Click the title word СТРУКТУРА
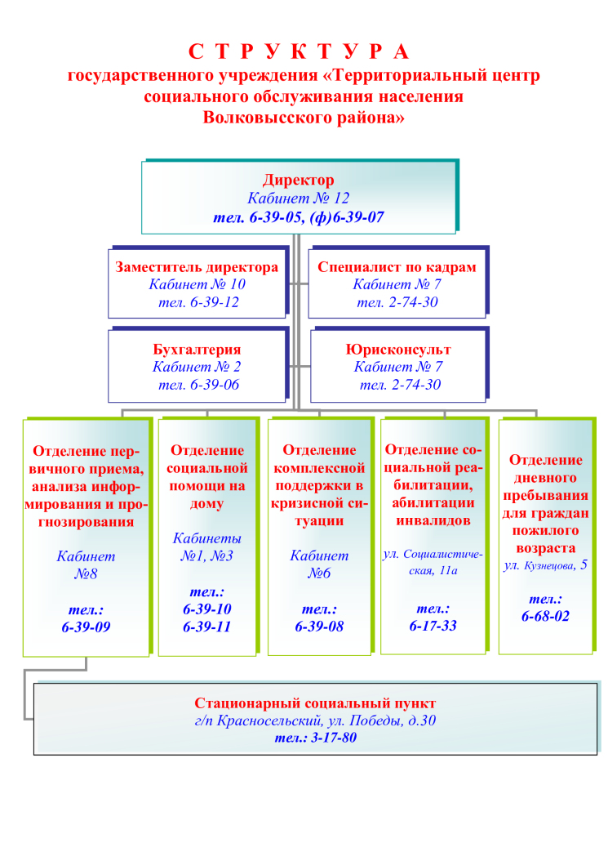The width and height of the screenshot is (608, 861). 299,51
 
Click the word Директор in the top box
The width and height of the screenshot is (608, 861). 299,180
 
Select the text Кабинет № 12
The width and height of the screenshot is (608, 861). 299,198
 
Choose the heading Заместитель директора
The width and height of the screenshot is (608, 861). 197,267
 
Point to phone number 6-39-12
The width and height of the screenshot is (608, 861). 215,302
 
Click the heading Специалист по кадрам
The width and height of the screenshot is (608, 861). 397,267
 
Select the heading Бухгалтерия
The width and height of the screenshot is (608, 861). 197,350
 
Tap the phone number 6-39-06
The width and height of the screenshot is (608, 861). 215,385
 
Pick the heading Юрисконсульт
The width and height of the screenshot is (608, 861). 397,350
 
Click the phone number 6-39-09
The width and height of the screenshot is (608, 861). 86,627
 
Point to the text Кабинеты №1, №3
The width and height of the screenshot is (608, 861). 206,547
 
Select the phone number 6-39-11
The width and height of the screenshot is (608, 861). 206,627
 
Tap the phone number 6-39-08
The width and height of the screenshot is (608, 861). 319,626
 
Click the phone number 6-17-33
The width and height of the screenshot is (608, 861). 433,626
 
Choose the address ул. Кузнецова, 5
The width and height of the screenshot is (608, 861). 545,565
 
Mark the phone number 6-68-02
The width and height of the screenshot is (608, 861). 545,616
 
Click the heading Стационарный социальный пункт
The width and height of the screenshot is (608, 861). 315,703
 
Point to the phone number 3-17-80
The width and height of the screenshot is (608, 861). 334,738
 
